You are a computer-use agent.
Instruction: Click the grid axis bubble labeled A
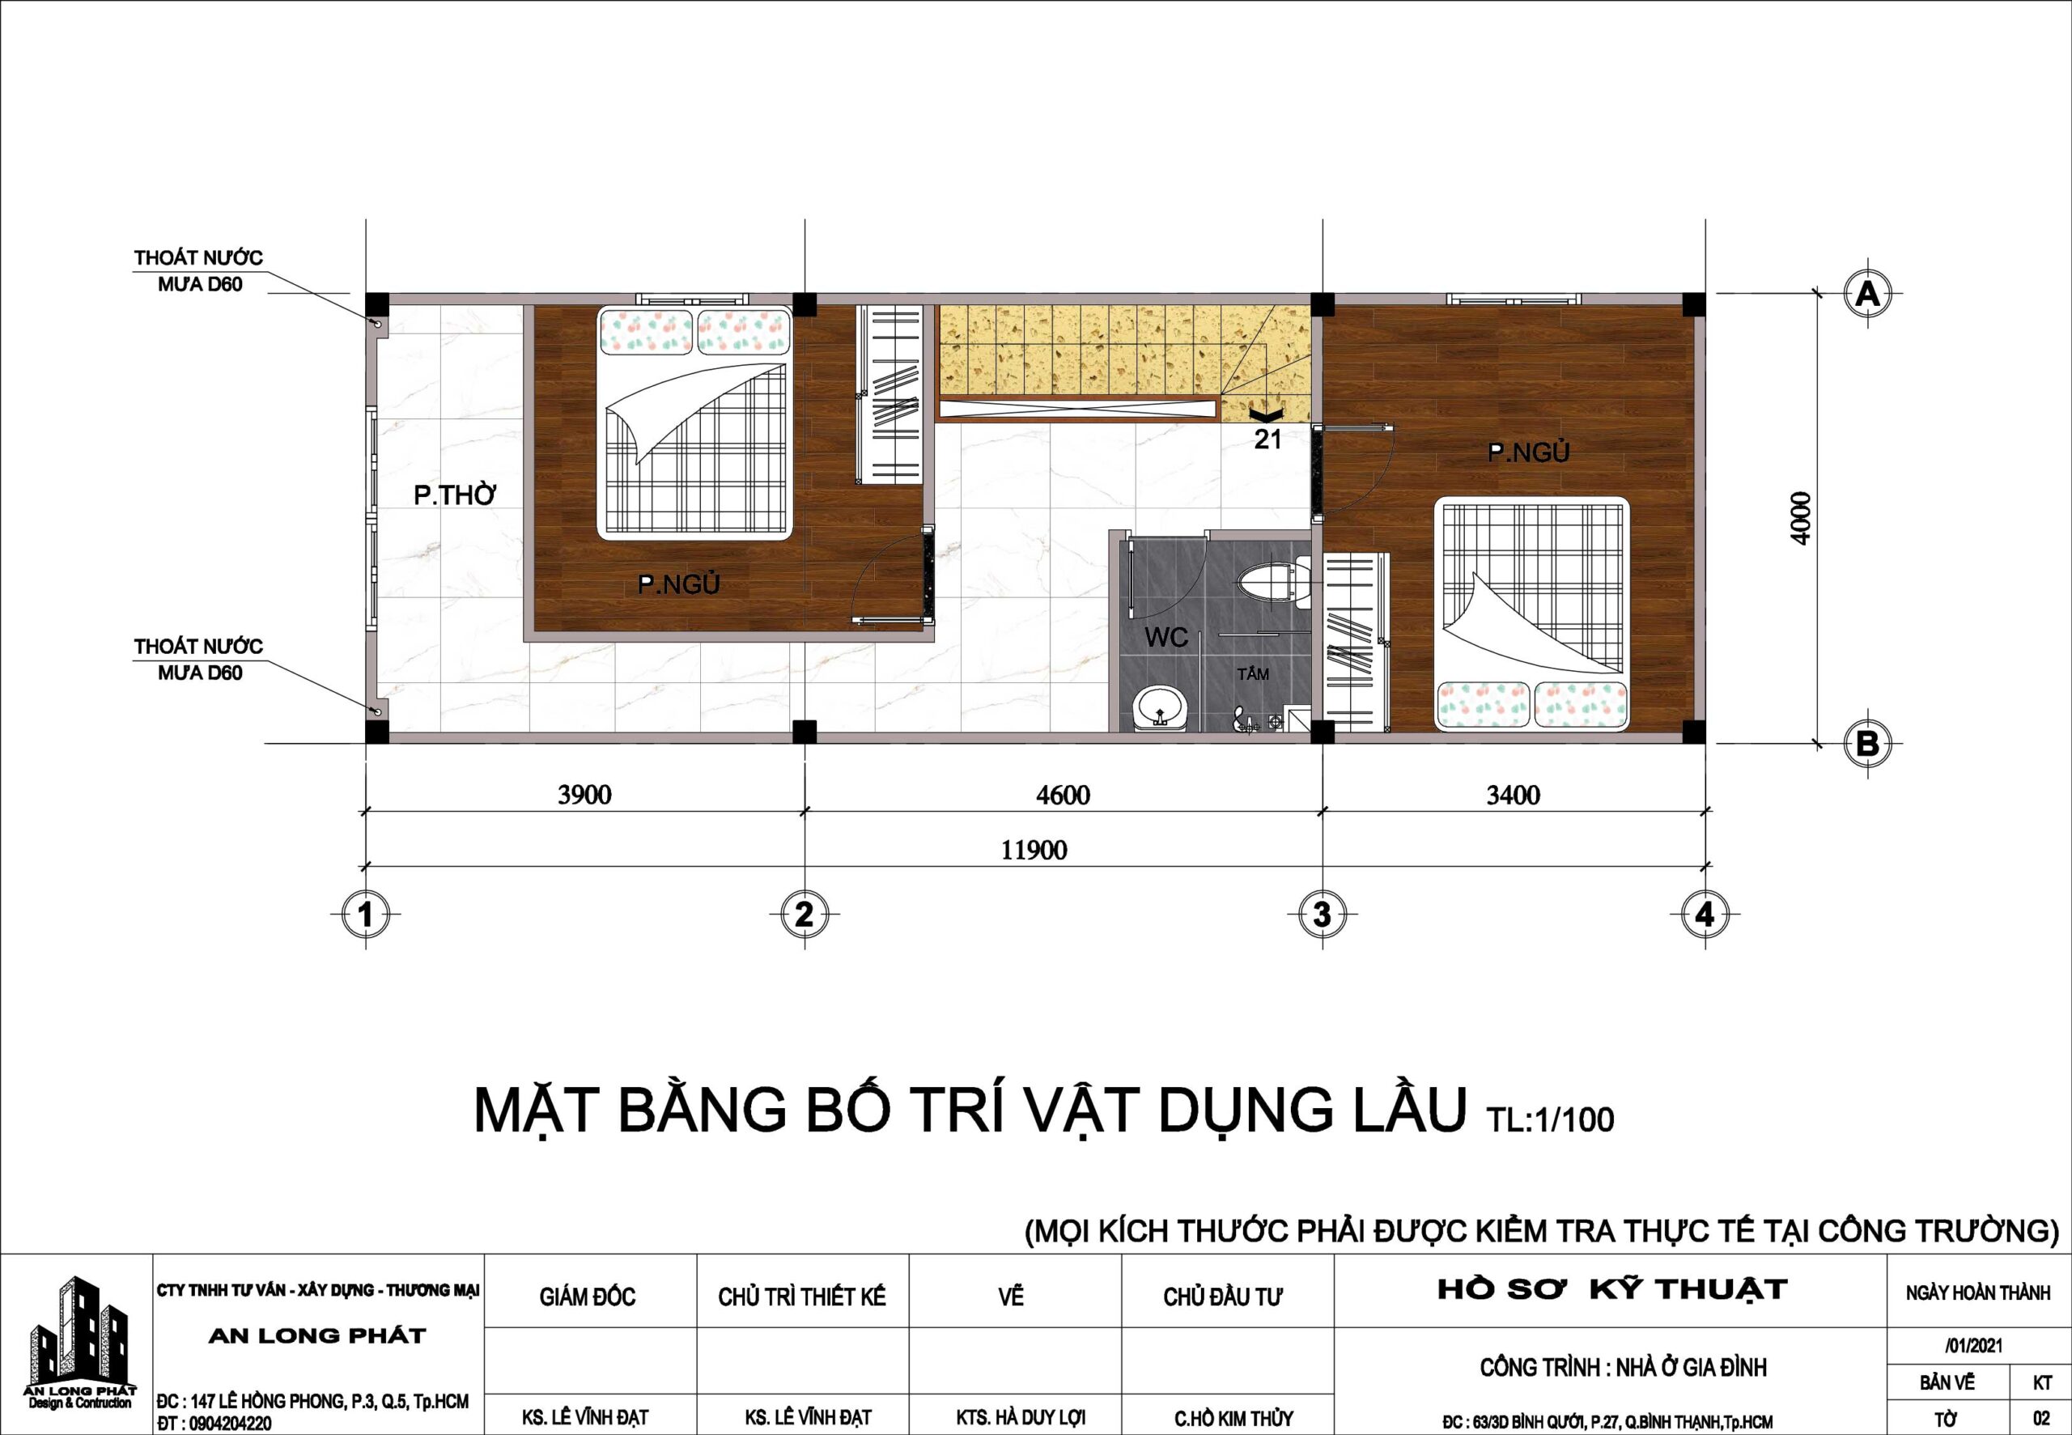1867,294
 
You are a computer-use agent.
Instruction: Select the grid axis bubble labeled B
1867,745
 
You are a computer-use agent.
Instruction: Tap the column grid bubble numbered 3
1322,915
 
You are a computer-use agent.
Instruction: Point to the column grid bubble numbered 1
365,915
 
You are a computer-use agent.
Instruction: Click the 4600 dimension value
1063,795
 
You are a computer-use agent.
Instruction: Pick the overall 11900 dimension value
1034,850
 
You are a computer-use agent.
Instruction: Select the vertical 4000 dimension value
1801,518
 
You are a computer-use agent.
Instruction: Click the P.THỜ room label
455,495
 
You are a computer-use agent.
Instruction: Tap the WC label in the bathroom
1165,638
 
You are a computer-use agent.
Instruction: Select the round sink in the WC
1161,707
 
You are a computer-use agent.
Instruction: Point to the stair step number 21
1267,439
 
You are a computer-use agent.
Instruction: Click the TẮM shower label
1253,673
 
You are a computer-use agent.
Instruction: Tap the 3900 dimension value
584,795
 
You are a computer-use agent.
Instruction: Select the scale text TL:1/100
1551,1119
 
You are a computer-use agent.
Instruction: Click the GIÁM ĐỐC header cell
587,1297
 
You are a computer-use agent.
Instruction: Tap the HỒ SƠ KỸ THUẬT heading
1612,1290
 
